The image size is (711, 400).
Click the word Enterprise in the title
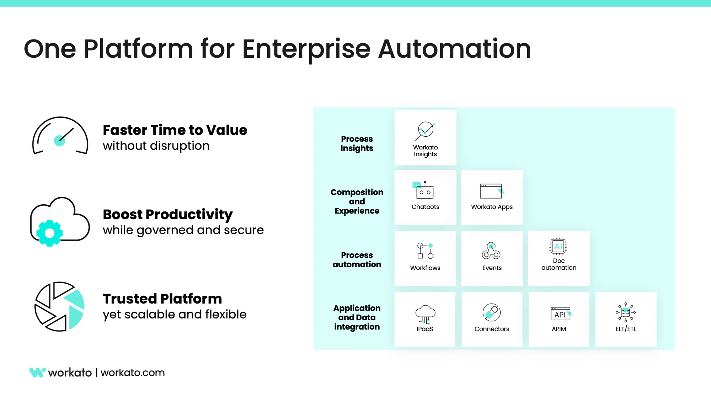306,49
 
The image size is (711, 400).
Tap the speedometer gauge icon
60,136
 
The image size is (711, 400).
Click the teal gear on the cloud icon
49,233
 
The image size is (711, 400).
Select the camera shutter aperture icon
59,307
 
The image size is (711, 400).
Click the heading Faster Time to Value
175,130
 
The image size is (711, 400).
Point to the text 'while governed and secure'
183,230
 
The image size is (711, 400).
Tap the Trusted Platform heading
162,299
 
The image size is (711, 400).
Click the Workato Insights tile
425,138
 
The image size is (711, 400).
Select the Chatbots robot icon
424,190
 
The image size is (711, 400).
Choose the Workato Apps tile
492,197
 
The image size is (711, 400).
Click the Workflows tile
425,258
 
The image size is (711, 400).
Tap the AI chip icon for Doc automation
558,246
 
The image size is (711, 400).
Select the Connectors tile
492,319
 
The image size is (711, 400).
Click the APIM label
558,329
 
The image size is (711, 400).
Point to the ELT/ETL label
626,329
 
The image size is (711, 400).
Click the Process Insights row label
357,143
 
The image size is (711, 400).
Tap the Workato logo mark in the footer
37,372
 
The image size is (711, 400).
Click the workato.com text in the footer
133,373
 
